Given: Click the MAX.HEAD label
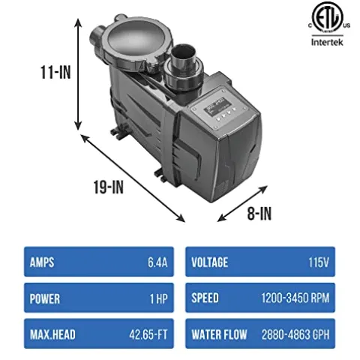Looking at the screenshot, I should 55,332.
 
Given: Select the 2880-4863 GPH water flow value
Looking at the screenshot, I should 301,332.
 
